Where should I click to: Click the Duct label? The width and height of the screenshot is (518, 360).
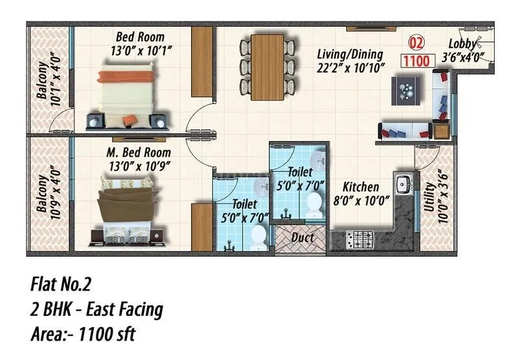[302, 238]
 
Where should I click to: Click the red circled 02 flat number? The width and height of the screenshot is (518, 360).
[417, 45]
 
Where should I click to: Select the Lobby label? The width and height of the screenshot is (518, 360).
[464, 44]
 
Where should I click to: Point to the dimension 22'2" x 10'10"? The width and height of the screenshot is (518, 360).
[350, 67]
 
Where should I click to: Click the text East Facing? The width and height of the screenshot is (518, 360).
[124, 309]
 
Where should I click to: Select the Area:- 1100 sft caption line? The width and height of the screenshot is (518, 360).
[84, 335]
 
